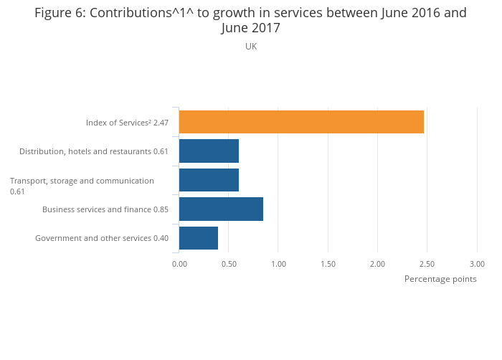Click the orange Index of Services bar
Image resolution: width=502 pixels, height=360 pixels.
click(301, 122)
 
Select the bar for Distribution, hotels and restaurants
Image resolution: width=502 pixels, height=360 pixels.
click(209, 151)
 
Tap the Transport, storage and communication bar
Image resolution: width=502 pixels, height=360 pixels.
click(209, 180)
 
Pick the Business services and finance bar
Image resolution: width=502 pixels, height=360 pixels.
click(221, 209)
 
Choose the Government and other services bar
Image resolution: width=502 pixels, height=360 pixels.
click(199, 237)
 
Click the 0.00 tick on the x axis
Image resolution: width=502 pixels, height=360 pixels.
click(179, 264)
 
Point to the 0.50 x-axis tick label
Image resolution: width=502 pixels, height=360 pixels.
click(229, 264)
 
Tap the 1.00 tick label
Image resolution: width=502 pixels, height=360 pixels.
click(278, 264)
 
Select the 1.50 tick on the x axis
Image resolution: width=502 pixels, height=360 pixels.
click(328, 264)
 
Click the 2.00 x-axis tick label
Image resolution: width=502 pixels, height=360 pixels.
click(377, 264)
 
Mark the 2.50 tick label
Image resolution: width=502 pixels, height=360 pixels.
click(427, 264)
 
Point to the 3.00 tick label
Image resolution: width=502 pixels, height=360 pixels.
click(477, 264)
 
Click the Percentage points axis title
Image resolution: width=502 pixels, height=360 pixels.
click(440, 279)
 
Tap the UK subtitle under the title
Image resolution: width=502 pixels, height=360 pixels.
click(251, 47)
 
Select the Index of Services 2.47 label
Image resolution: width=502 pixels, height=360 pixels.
click(127, 123)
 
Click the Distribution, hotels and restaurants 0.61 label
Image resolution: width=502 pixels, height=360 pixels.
click(94, 151)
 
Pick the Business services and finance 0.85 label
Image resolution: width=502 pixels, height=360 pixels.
click(105, 209)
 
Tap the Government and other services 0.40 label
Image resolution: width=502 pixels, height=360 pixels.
click(102, 238)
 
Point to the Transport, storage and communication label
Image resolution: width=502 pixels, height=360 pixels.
click(82, 181)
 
